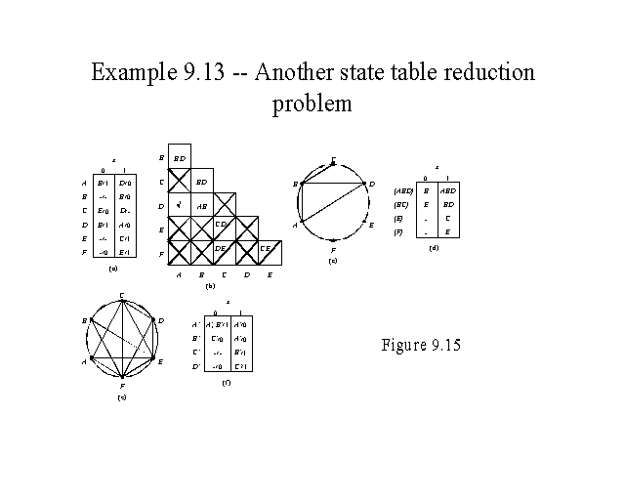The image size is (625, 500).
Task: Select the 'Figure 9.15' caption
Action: point(420,345)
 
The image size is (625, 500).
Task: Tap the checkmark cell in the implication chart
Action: point(179,206)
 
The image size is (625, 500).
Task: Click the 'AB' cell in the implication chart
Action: point(201,206)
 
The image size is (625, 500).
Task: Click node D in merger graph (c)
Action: point(371,184)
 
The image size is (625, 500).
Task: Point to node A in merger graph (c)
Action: point(296,224)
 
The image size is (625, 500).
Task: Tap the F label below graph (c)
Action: point(334,252)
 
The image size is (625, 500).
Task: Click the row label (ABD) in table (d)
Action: point(402,191)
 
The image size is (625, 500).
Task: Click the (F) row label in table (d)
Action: point(399,232)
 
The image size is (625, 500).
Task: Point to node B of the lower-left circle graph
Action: point(85,320)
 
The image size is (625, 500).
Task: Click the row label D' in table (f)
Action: point(196,365)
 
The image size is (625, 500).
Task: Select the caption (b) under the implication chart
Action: point(210,287)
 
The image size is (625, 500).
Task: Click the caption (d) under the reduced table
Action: point(434,249)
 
